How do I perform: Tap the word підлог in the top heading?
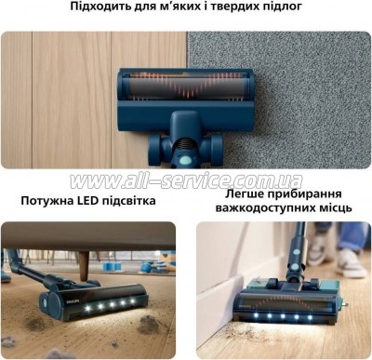(x=282, y=7)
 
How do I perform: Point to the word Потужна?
(x=46, y=201)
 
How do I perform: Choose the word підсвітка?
(x=129, y=201)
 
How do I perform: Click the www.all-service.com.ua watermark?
(x=186, y=180)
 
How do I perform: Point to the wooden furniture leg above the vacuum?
(x=84, y=266)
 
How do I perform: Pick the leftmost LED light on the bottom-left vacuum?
(x=87, y=308)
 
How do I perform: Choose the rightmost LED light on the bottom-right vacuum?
(x=310, y=317)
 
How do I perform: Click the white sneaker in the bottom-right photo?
(x=352, y=264)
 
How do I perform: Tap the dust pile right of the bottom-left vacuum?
(x=149, y=325)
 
